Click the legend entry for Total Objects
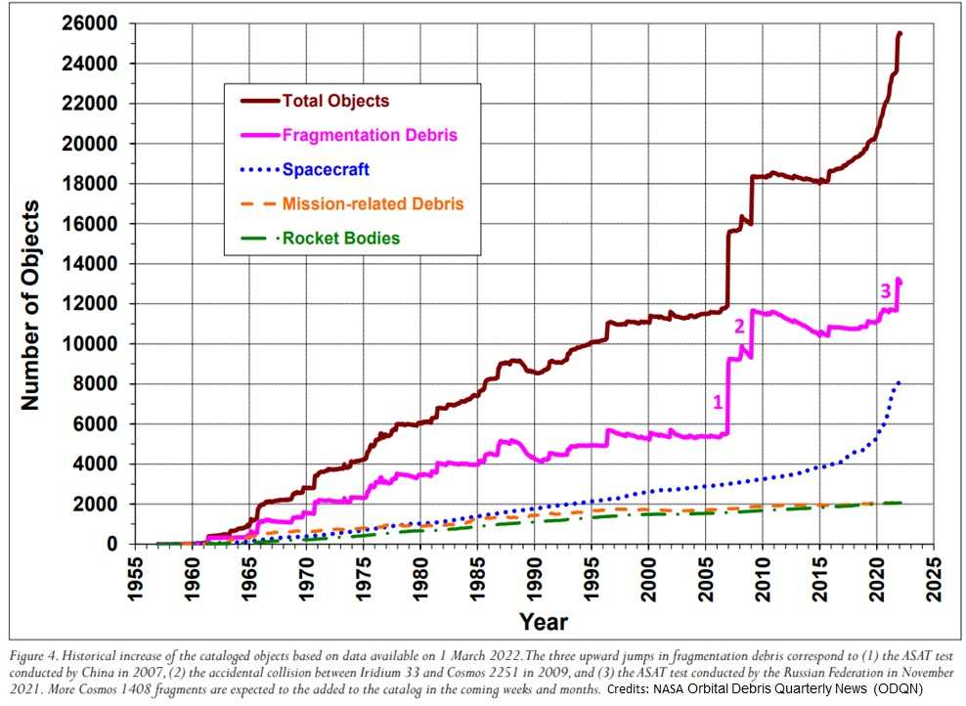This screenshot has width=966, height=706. click(335, 101)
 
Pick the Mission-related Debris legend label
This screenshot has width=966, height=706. click(373, 203)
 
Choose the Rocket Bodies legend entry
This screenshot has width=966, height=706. click(341, 238)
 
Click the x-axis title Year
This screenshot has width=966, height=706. click(543, 621)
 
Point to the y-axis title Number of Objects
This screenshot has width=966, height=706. click(30, 304)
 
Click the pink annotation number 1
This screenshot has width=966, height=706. click(717, 400)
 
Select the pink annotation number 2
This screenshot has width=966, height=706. click(740, 326)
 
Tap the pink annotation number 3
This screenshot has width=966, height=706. click(885, 289)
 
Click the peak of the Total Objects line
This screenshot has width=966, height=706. click(900, 33)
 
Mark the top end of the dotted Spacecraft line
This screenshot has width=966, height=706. click(899, 381)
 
